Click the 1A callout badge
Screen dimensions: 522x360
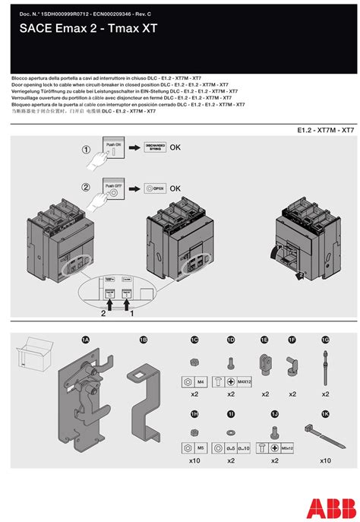86,340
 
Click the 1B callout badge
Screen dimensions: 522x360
142,340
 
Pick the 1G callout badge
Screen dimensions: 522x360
325,340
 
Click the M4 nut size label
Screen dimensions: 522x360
201,380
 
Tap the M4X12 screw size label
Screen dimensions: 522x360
243,380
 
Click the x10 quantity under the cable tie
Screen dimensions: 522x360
325,460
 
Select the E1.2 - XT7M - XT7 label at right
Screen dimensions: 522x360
325,130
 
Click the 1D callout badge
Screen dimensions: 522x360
231,340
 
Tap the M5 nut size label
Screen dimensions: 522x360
201,449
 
